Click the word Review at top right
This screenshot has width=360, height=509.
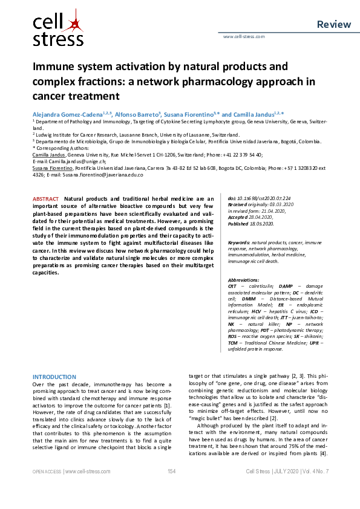[x=333, y=24]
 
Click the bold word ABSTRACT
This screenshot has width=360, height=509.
[x=45, y=199]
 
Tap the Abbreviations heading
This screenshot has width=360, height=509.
[x=247, y=280]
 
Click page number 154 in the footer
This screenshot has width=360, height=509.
[x=171, y=488]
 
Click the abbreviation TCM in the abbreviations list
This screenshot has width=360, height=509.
[x=233, y=343]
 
